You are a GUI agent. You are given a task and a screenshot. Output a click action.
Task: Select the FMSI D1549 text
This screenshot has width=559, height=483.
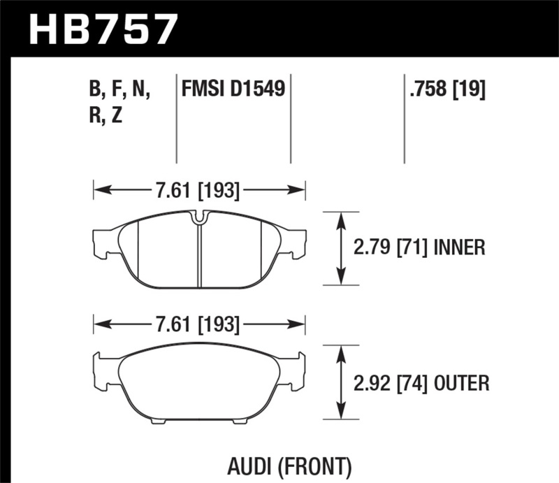click(x=233, y=89)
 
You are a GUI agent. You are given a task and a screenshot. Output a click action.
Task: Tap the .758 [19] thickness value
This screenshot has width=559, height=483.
click(x=444, y=89)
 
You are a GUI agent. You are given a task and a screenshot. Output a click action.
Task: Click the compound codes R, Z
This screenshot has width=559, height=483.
click(x=106, y=116)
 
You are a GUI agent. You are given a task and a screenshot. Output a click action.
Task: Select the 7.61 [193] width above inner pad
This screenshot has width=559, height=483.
click(x=199, y=189)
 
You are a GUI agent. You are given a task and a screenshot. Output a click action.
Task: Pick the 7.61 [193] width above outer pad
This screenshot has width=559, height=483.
click(x=199, y=324)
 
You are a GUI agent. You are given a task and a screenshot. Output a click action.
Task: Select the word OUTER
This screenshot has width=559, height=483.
click(x=460, y=383)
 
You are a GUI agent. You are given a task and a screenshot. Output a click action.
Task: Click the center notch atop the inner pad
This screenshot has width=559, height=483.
click(x=199, y=218)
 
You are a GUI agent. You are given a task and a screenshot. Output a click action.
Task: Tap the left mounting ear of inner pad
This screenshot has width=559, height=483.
click(x=103, y=241)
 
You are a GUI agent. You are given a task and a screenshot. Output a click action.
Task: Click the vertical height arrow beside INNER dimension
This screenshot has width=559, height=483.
click(x=341, y=248)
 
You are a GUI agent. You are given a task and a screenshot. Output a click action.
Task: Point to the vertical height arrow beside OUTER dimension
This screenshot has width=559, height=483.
click(x=341, y=383)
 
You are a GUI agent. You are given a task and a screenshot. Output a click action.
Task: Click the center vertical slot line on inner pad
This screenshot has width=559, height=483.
click(x=199, y=255)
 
